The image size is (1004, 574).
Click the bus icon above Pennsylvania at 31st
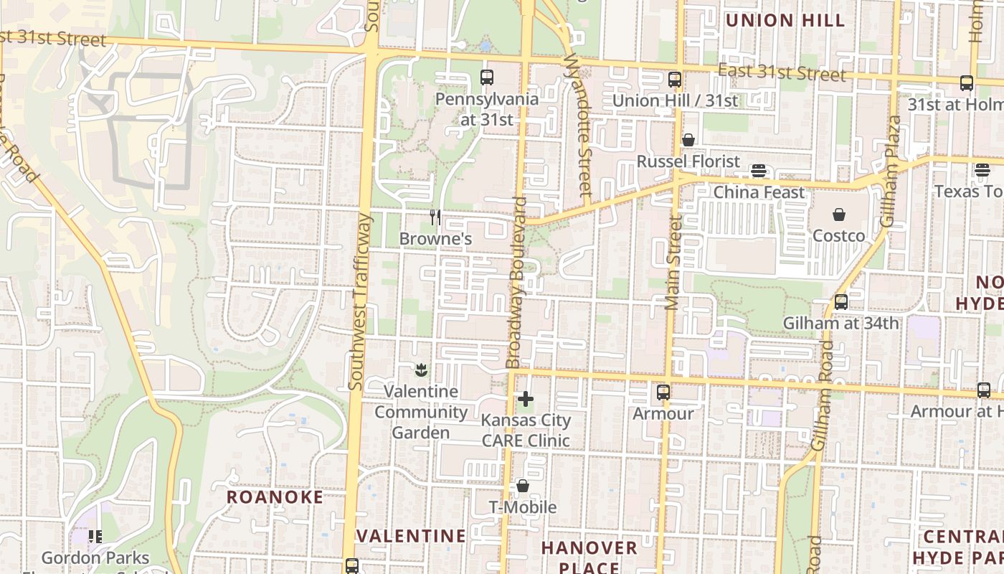[487, 77]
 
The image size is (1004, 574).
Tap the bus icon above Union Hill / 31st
[674, 79]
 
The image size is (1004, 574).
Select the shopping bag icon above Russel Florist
[688, 140]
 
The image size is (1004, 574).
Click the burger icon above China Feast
[759, 171]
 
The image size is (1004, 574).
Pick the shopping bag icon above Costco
[838, 214]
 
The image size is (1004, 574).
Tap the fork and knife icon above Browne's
[435, 217]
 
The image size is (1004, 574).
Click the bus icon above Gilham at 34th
[840, 302]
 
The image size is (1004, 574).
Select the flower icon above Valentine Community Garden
[421, 370]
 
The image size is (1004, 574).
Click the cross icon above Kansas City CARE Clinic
[526, 399]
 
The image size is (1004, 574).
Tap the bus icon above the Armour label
[663, 392]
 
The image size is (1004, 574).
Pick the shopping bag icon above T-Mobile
[523, 486]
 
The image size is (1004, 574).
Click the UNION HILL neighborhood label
[785, 20]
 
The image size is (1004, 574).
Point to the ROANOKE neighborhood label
[275, 497]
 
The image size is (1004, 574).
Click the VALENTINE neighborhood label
[412, 536]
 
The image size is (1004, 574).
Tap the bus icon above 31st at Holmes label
[967, 83]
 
